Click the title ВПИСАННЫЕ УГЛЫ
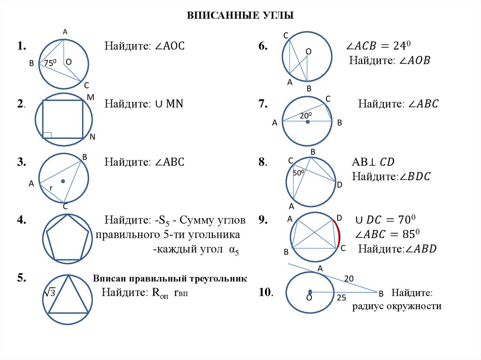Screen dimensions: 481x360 pos(240,16)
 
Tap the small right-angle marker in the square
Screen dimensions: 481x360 pos(47,135)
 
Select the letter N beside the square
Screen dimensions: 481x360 pos(92,137)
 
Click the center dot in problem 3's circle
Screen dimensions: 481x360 pos(62,181)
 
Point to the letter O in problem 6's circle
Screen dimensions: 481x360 pos(309,51)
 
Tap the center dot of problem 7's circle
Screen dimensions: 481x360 pos(308,122)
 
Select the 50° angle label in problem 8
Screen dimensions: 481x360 pos(299,173)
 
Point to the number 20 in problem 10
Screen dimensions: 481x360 pos(349,278)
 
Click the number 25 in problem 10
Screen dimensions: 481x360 pos(341,298)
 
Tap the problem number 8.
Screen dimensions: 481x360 pos(262,162)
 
